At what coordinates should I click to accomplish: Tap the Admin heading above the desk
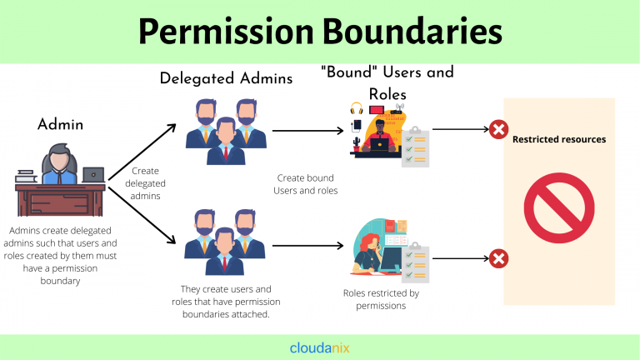click(x=61, y=126)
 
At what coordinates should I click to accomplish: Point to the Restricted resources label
click(x=558, y=139)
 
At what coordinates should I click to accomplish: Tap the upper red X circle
click(x=498, y=129)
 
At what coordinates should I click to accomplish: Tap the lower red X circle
click(x=498, y=259)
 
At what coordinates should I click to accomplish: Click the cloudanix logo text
click(x=320, y=347)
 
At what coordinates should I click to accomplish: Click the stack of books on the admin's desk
click(x=25, y=176)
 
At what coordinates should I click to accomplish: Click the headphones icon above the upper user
click(x=357, y=109)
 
